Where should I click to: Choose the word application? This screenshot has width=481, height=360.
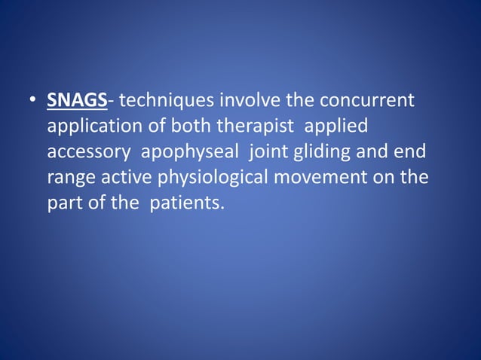click(92, 127)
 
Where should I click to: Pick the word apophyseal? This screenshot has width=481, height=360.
click(187, 152)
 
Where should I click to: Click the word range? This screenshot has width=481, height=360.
click(70, 178)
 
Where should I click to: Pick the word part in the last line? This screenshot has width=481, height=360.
click(65, 203)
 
